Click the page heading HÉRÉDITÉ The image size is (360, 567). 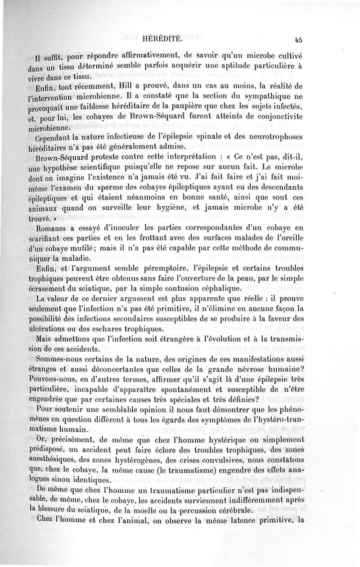coord(162,39)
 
